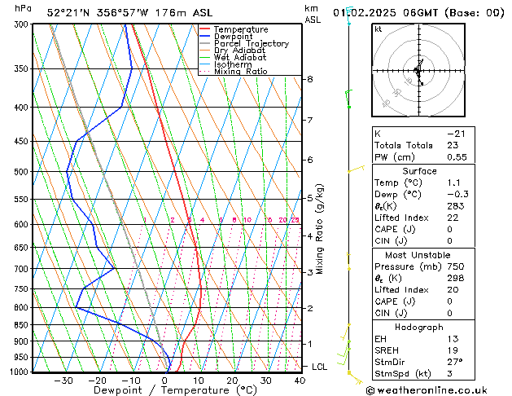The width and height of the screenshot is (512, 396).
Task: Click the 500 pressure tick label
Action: coord(20,172)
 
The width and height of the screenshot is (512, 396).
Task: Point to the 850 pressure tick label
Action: coord(20,324)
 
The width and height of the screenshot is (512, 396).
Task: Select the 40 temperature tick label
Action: coord(300,381)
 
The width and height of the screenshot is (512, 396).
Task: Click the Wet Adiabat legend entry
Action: coord(239,57)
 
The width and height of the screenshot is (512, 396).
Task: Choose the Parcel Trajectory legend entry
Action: coord(251,43)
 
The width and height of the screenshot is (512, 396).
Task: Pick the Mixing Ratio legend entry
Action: coord(240,72)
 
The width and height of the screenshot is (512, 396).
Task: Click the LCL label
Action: coord(320,367)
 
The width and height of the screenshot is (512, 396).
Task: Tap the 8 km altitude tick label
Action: coord(310,79)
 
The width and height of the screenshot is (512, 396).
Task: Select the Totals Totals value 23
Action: coord(453,145)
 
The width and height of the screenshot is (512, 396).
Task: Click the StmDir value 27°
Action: coord(455,362)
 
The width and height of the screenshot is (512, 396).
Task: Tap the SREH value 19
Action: coord(453,350)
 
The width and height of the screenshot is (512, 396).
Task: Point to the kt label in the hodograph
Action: coord(379,29)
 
